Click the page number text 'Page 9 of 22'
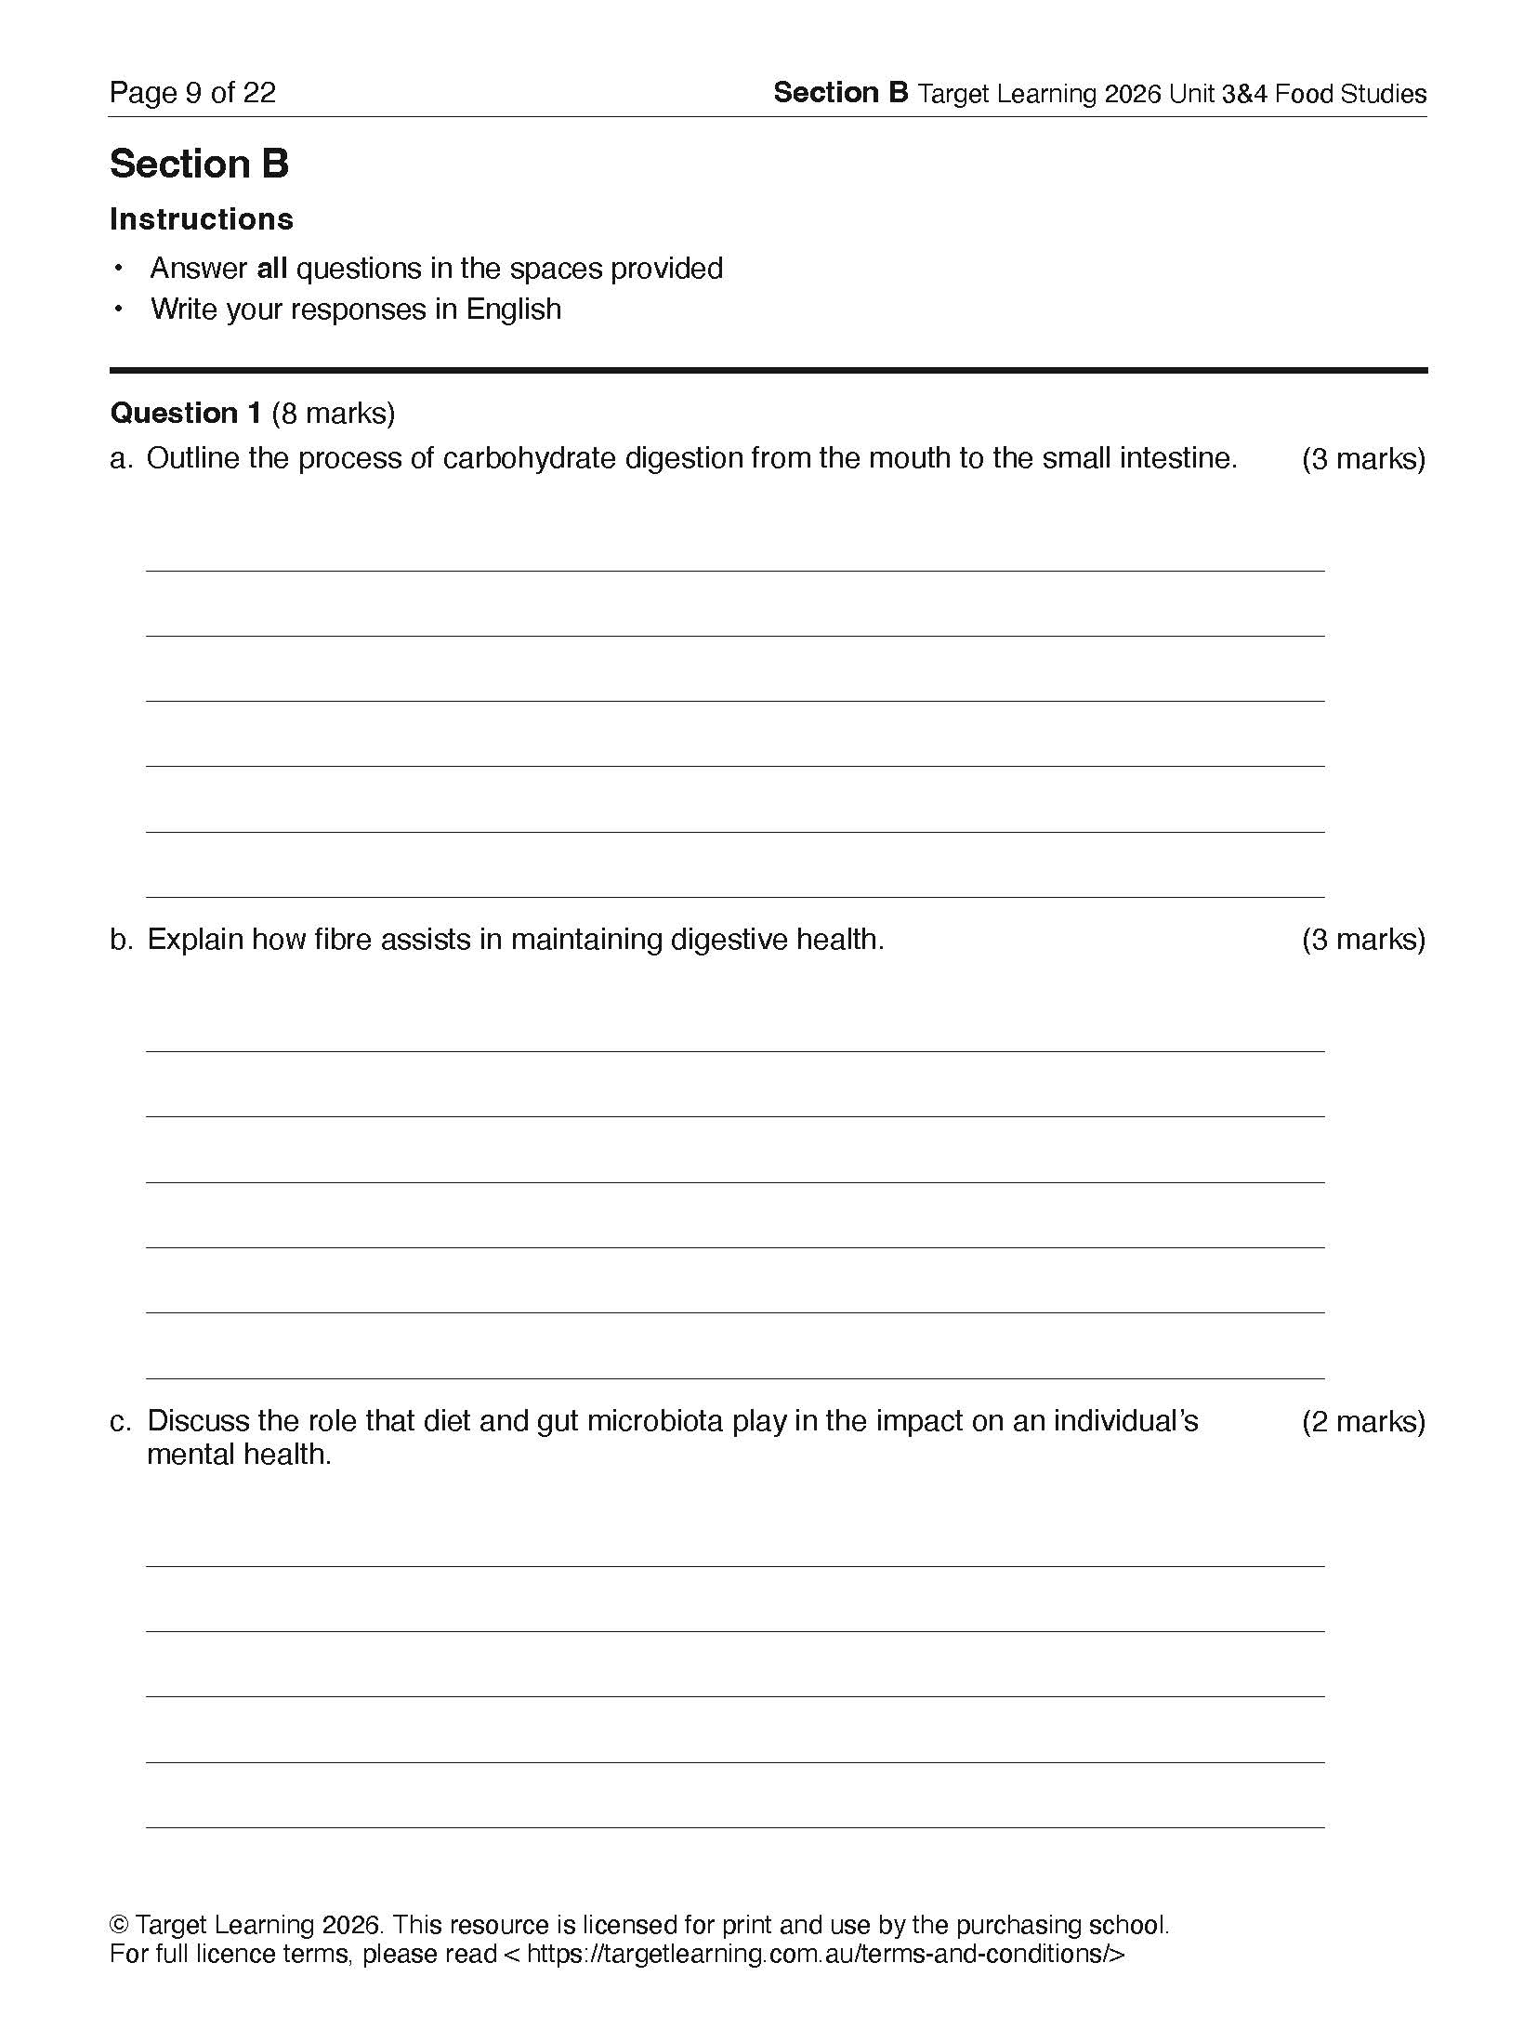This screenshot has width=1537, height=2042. (x=192, y=93)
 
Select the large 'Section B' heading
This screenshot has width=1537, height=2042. (x=199, y=164)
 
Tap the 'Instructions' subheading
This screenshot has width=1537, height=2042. (x=201, y=219)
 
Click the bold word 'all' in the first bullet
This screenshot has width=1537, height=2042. (x=271, y=269)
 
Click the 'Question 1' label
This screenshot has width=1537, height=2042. (x=185, y=413)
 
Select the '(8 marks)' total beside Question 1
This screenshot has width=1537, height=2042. (x=333, y=413)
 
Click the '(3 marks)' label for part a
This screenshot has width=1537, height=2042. (x=1362, y=459)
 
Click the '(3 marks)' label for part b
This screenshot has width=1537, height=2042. (x=1362, y=940)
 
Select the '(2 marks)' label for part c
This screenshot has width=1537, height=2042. (x=1362, y=1422)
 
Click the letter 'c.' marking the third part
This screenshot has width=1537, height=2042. (x=120, y=1422)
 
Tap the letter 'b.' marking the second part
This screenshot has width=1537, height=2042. (x=121, y=940)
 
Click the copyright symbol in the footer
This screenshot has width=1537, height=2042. (x=119, y=1924)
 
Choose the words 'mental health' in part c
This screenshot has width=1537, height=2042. (x=238, y=1455)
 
